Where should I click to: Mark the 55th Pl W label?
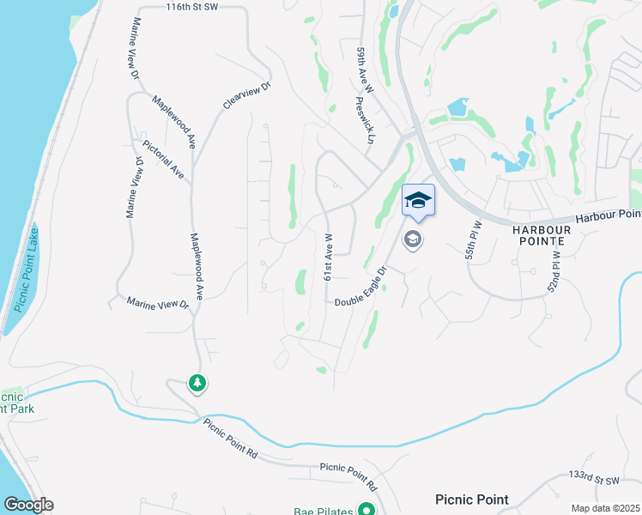[470, 239]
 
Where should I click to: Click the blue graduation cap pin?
[418, 200]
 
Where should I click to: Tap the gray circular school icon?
[413, 239]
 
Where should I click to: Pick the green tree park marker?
[198, 384]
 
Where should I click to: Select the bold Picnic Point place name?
[471, 500]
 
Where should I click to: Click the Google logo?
[28, 505]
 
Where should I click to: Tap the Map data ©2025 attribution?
[605, 508]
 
